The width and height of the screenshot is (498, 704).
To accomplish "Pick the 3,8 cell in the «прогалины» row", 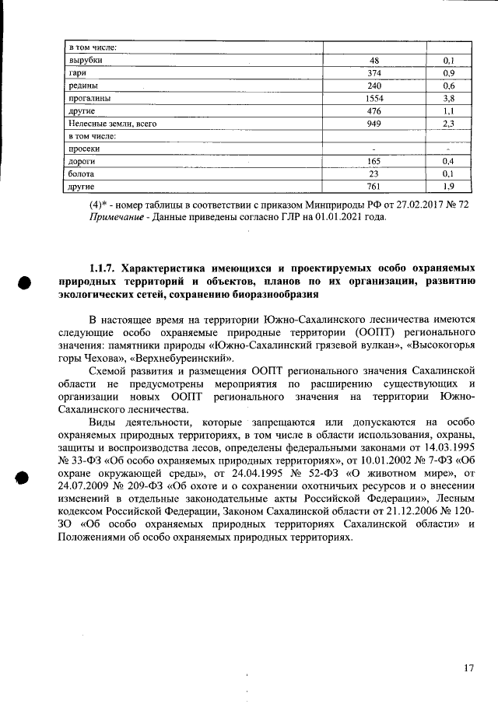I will click(448, 100).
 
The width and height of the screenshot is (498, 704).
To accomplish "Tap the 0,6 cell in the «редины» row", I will click(448, 86).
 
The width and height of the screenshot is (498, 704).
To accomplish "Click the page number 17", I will click(468, 667).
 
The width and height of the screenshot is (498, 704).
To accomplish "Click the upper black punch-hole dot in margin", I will click(25, 284).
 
